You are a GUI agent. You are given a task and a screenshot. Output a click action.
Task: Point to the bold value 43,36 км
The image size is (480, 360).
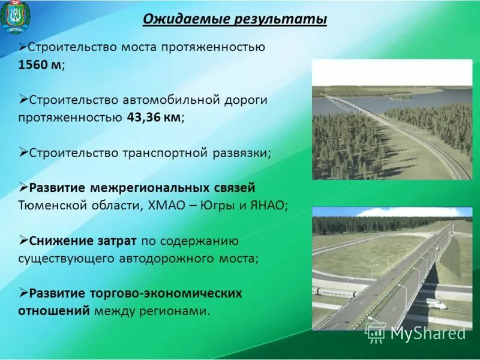154,117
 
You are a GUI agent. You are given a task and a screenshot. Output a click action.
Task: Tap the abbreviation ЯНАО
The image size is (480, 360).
267,205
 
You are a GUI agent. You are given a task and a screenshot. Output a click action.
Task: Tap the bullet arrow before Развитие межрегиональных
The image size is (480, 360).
23,187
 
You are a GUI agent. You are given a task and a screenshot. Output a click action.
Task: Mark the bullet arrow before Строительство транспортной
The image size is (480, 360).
23,152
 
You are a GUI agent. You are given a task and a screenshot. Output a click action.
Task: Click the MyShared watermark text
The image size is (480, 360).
427,334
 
